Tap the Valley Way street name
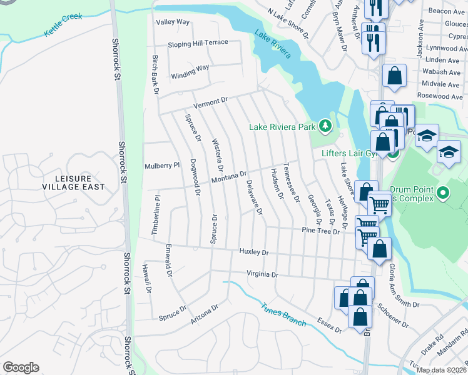click(173, 22)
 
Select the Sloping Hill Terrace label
click(197, 45)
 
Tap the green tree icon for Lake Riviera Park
click(325, 126)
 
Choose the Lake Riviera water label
click(272, 44)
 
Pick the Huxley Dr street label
click(253, 252)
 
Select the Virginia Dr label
click(262, 274)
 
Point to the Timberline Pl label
click(156, 215)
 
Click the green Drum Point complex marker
click(444, 192)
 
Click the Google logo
click(21, 367)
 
